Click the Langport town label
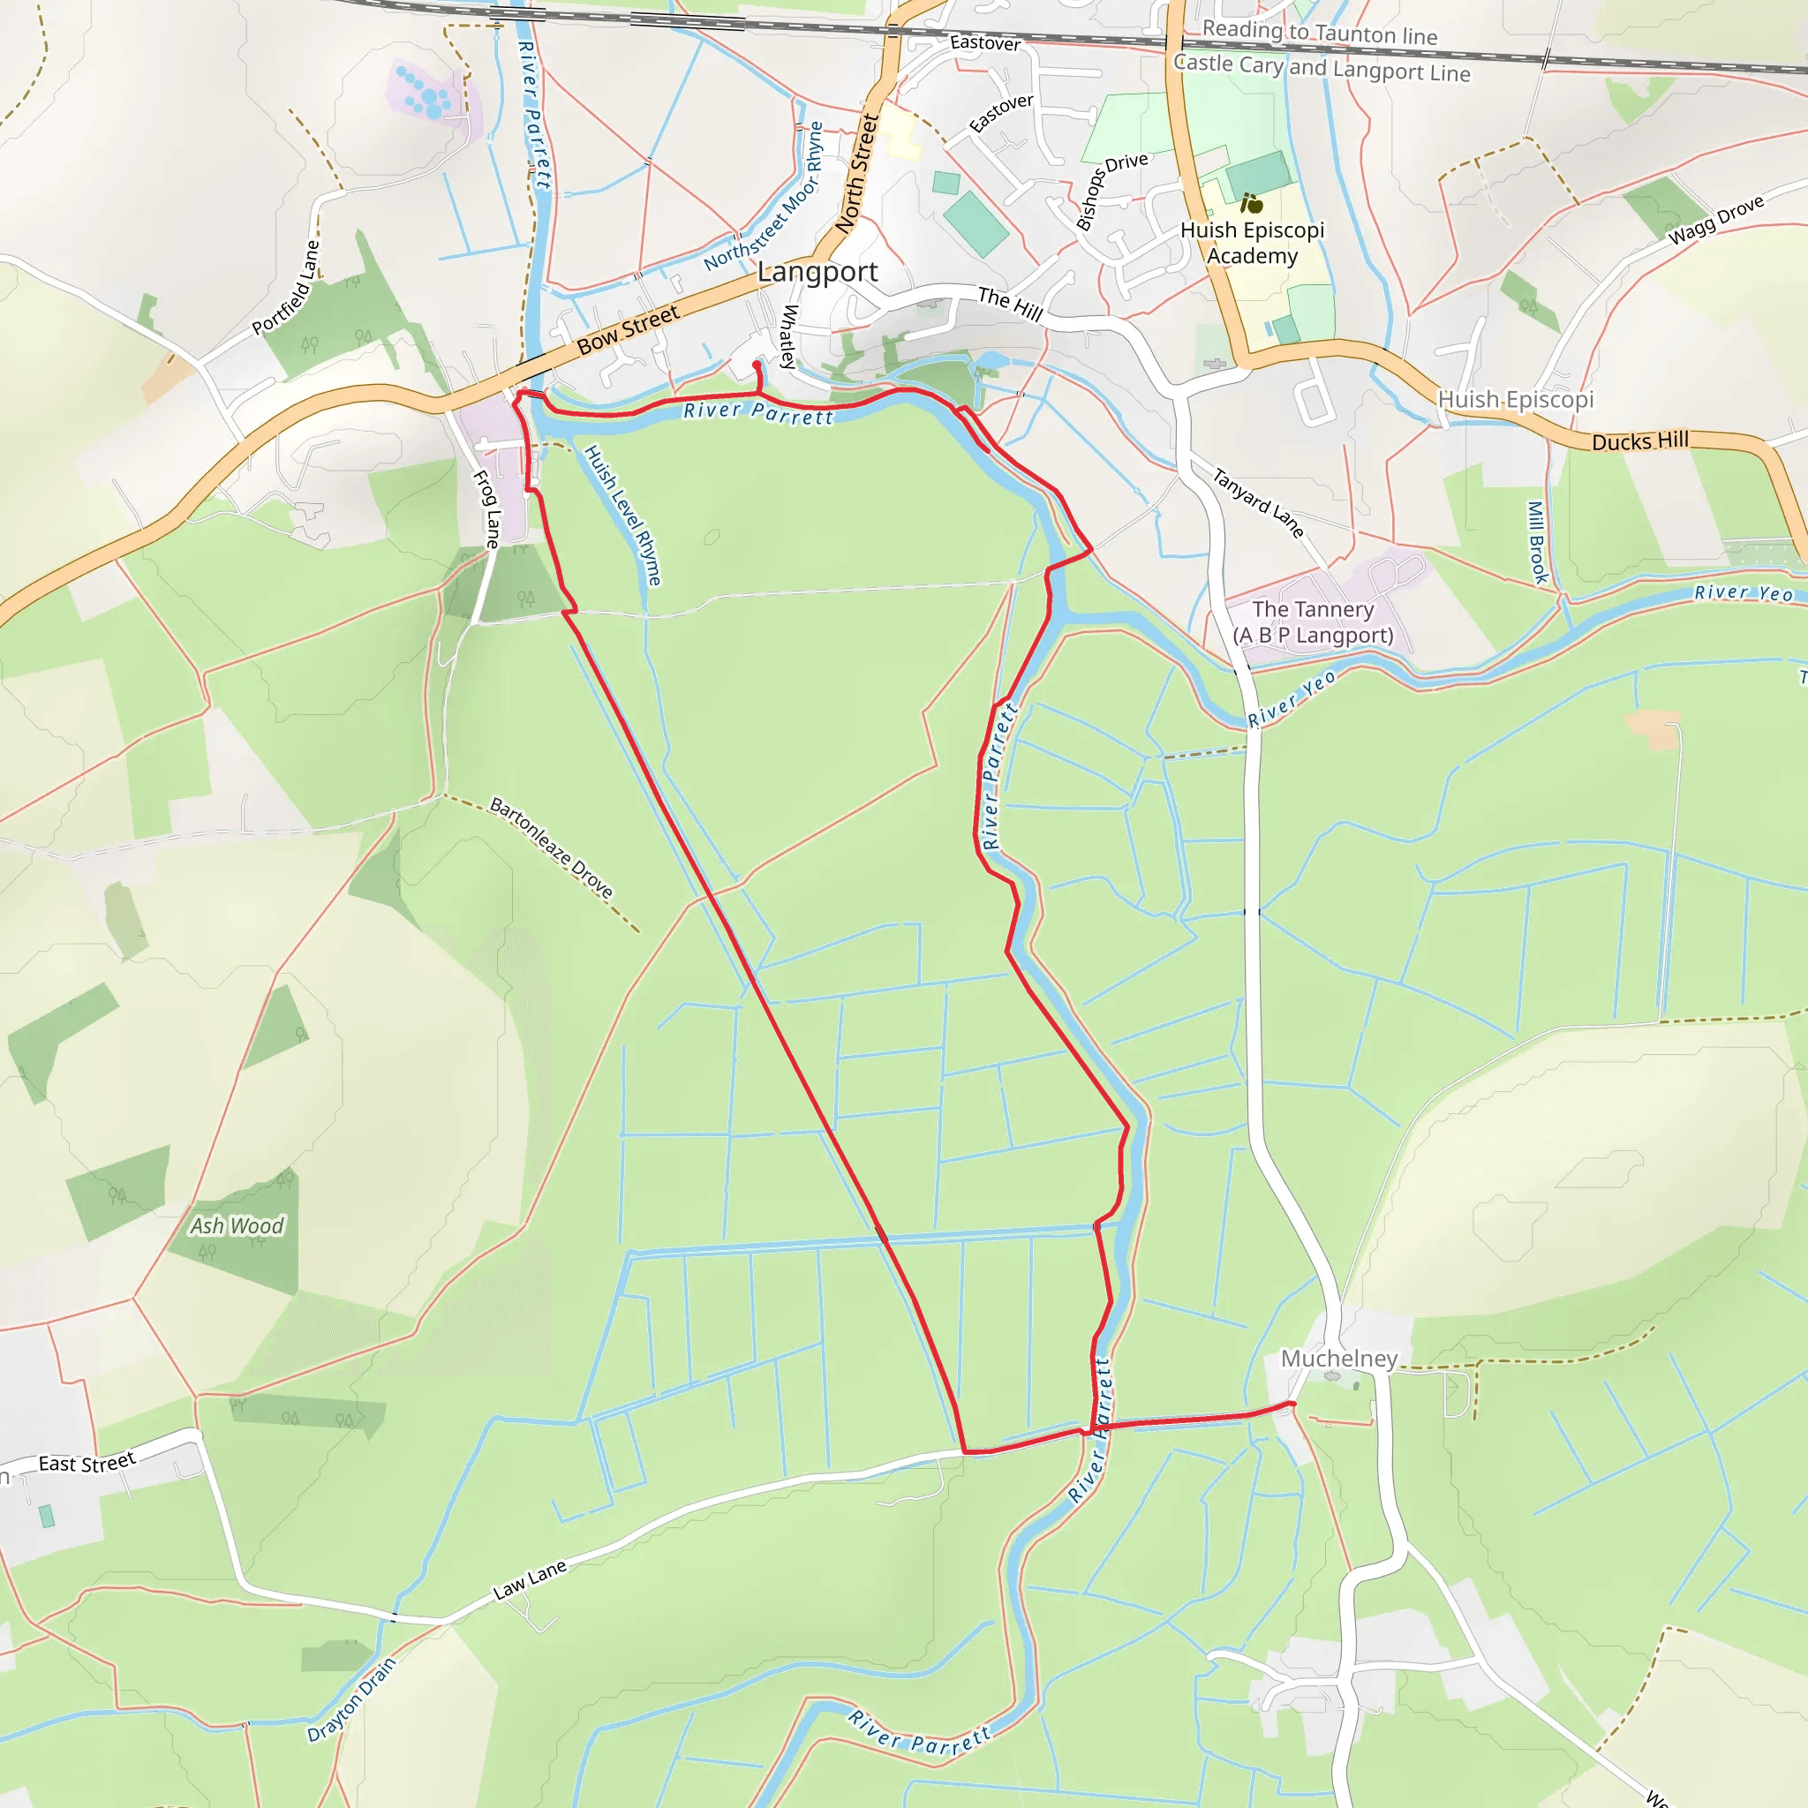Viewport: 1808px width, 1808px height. (817, 272)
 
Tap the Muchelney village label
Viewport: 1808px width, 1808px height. (1338, 1358)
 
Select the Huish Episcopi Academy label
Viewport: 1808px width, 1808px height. (1252, 243)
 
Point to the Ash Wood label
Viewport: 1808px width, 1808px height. (237, 1226)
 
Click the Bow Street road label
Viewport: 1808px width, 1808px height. (628, 330)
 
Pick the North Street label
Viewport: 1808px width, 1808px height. (857, 174)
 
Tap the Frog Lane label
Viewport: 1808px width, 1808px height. (486, 508)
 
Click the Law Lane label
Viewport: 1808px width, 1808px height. (530, 1579)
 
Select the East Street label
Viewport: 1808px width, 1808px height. (87, 1463)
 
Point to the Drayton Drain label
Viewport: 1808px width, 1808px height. (352, 1699)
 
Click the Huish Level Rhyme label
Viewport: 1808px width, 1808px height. (623, 515)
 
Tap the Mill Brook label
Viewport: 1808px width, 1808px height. (1536, 542)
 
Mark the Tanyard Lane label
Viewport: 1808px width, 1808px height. (1259, 502)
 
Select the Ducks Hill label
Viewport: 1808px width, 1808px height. (1640, 441)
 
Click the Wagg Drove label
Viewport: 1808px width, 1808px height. (1716, 219)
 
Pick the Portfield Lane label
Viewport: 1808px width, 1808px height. (285, 287)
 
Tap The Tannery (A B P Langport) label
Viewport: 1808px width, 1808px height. (1313, 622)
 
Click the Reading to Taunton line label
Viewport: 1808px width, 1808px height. (1320, 33)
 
